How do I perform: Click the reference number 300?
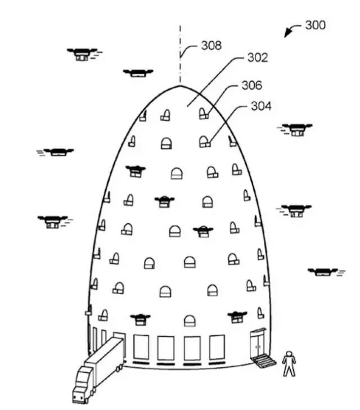[x=314, y=25]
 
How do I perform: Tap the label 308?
[x=211, y=46]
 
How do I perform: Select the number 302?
[x=257, y=58]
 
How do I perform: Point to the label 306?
[x=251, y=85]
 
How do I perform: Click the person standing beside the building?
[x=288, y=363]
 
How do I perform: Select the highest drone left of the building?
[x=83, y=53]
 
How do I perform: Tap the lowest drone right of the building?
[x=322, y=272]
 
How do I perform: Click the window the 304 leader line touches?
[x=204, y=141]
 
